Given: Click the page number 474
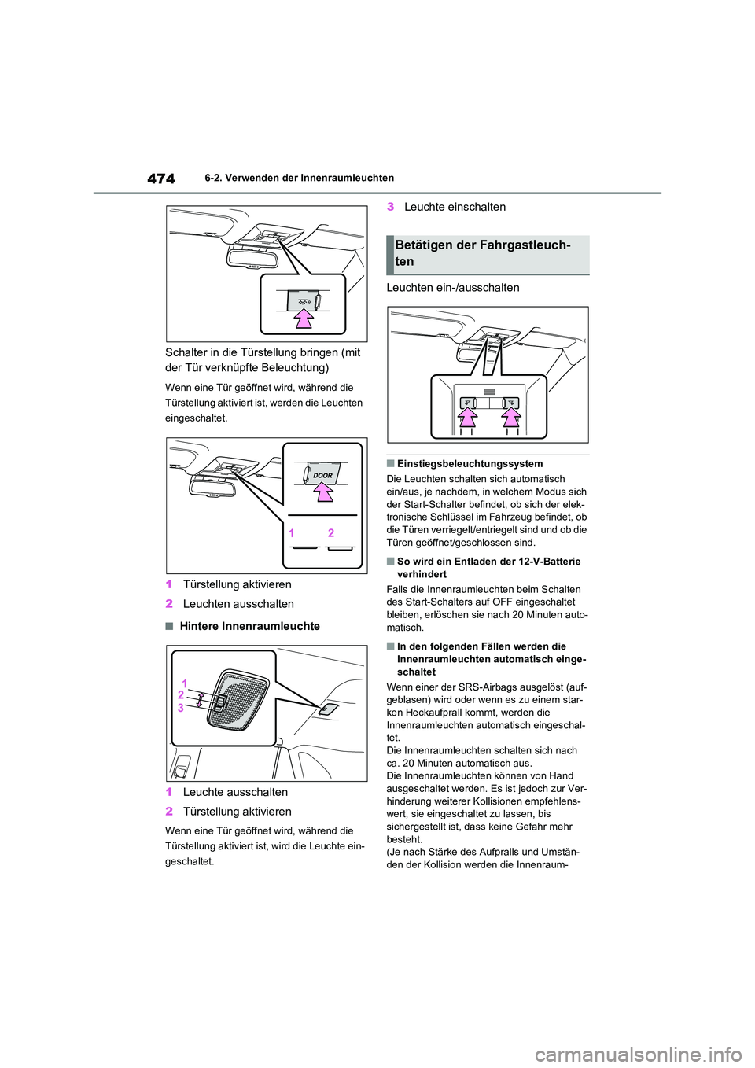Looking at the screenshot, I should coord(161,179).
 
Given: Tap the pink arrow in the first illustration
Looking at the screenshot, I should coord(304,317).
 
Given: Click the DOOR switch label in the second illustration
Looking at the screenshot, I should coord(322,475).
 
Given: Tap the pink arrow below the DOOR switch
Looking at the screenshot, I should coord(323,492).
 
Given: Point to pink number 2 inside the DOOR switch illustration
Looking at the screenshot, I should coord(331,533).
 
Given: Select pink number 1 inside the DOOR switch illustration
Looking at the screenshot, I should coord(292,533).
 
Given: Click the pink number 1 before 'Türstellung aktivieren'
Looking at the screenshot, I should coord(169,584).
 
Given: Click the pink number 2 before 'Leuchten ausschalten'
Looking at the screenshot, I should coord(169,604).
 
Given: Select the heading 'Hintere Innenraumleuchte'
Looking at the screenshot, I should coord(249,626).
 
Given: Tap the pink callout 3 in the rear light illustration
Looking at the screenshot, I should coord(181,708).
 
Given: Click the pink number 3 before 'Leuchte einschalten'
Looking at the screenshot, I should coord(390,207).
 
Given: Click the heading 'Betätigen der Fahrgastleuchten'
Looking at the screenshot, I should coord(483,253).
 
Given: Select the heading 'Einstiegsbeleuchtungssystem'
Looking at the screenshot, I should coord(470,464).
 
